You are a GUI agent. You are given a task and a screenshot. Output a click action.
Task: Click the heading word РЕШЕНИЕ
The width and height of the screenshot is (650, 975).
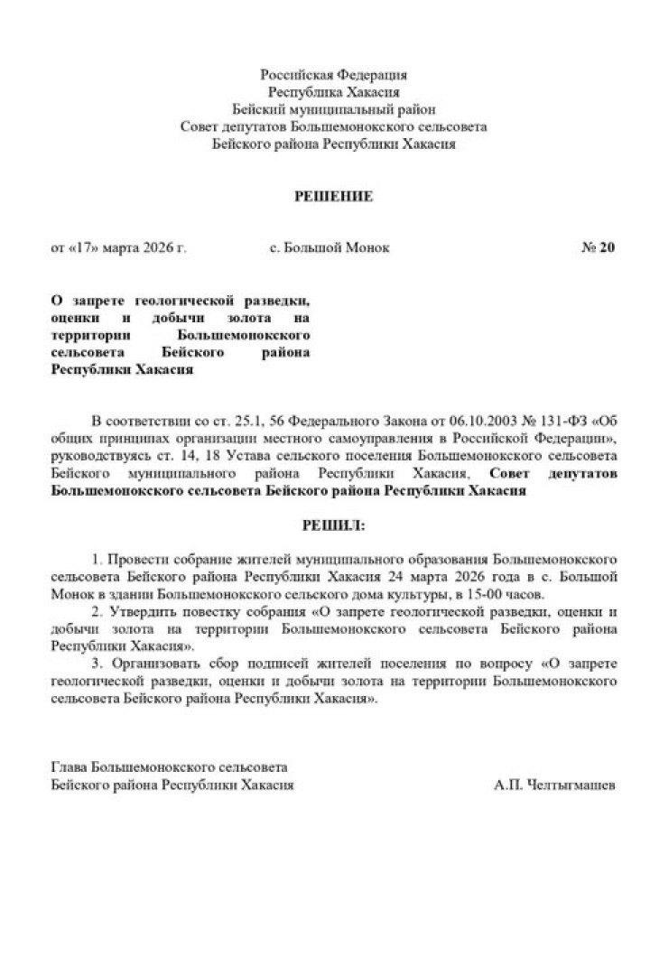(333, 196)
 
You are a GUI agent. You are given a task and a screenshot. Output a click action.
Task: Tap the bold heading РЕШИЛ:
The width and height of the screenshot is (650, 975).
(333, 524)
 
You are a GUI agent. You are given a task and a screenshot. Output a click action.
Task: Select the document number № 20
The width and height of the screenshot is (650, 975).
(597, 247)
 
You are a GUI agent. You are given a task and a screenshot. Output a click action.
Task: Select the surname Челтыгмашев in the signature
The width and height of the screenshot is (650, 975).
(568, 785)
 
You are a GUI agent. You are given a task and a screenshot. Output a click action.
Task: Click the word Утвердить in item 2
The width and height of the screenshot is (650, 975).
(138, 612)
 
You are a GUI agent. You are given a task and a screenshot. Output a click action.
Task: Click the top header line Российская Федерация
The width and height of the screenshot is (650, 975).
(333, 75)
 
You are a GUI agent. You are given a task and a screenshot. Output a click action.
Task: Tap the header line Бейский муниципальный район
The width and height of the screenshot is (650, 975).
(333, 109)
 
